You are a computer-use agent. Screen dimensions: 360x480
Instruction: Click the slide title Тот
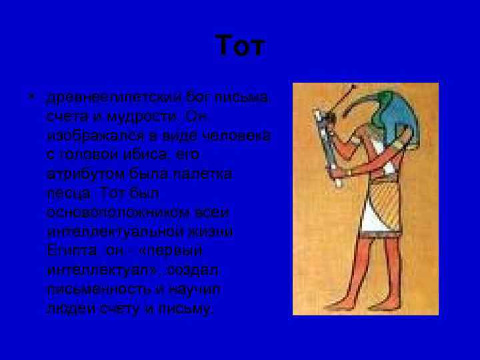(240, 47)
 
